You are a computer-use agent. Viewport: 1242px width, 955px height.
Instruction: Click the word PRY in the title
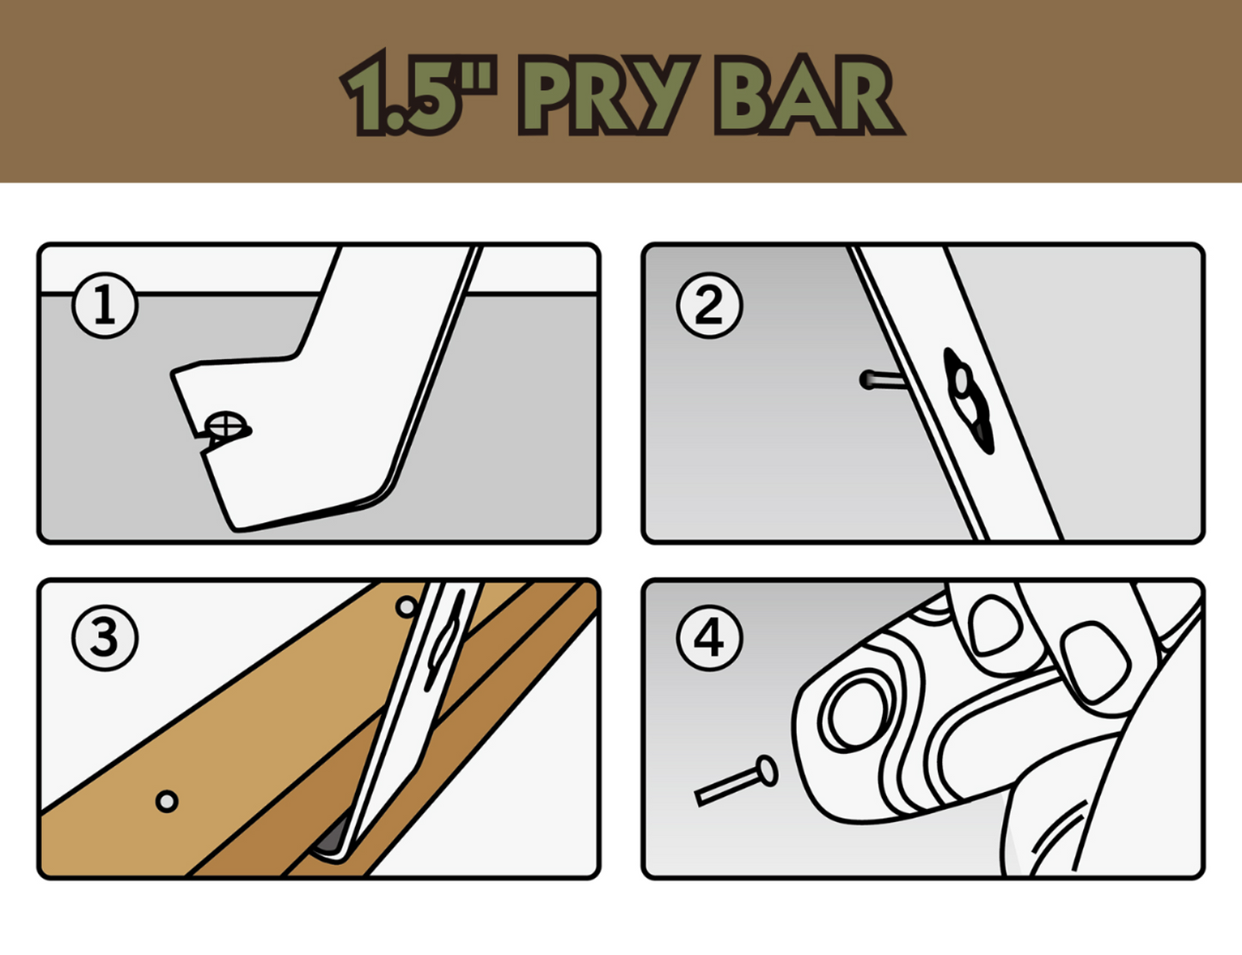608,94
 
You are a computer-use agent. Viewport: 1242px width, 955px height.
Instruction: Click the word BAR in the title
808,94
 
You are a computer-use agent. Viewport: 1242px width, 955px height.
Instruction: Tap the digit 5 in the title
424,94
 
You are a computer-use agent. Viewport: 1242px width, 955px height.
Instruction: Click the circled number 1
105,306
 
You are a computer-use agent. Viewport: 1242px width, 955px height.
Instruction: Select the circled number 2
709,306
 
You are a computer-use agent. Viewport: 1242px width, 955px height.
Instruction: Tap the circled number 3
105,637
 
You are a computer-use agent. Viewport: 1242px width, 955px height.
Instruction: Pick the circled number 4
709,637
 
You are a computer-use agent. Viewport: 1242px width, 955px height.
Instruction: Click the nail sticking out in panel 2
881,380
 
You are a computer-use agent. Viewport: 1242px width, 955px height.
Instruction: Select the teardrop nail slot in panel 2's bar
967,400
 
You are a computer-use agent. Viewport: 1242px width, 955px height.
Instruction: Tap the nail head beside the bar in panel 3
407,607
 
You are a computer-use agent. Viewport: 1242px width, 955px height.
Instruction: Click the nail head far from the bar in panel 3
167,801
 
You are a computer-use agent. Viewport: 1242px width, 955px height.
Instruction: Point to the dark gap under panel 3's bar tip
331,837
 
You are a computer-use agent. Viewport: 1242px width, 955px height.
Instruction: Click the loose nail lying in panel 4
736,781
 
